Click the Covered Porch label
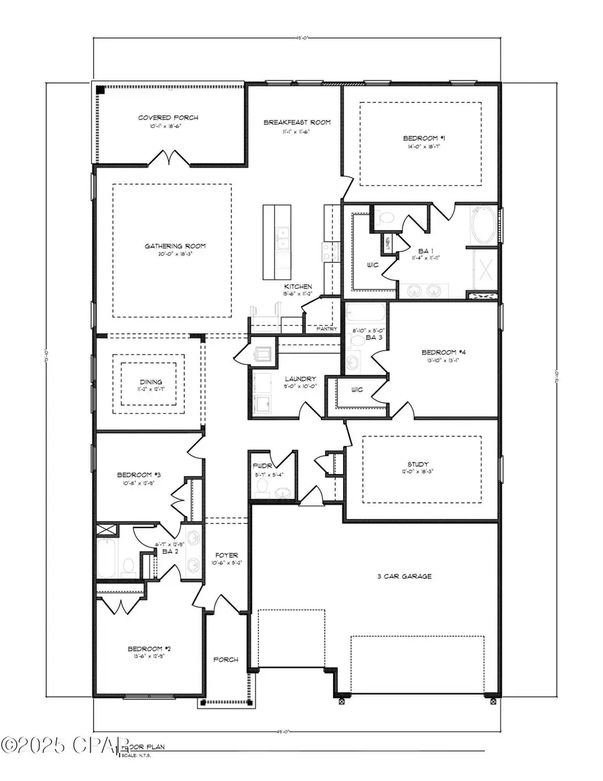pos(168,118)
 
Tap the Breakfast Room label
pos(297,122)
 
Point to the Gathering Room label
pos(175,246)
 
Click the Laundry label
pos(299,379)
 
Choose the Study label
pos(421,464)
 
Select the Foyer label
pos(224,555)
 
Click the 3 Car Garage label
pos(403,576)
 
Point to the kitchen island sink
pos(283,237)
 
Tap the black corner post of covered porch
pos(100,89)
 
